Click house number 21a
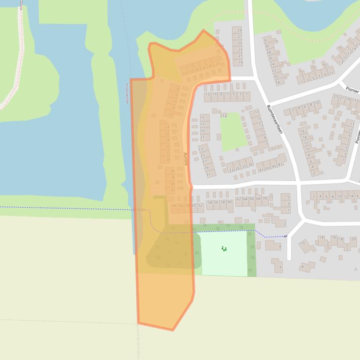(x=223, y=115)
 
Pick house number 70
(x=265, y=199)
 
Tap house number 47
(x=281, y=164)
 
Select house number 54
(x=210, y=202)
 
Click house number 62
(x=239, y=199)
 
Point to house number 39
(x=250, y=165)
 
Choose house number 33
(x=231, y=170)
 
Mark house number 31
(x=207, y=174)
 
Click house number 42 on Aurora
(x=173, y=190)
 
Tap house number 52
(x=200, y=205)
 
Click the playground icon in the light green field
(x=224, y=249)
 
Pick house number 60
(x=229, y=202)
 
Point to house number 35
(x=238, y=168)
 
